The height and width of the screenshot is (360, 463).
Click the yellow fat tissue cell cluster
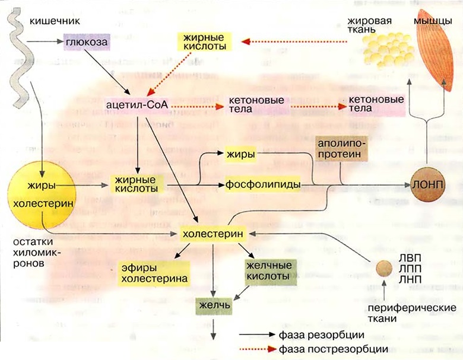pyautogui.click(x=388, y=48)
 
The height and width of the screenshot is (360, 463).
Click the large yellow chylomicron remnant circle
pyautogui.click(x=42, y=196)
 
